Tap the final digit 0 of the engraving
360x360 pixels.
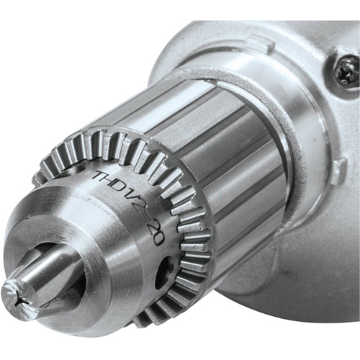tap(158, 238)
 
